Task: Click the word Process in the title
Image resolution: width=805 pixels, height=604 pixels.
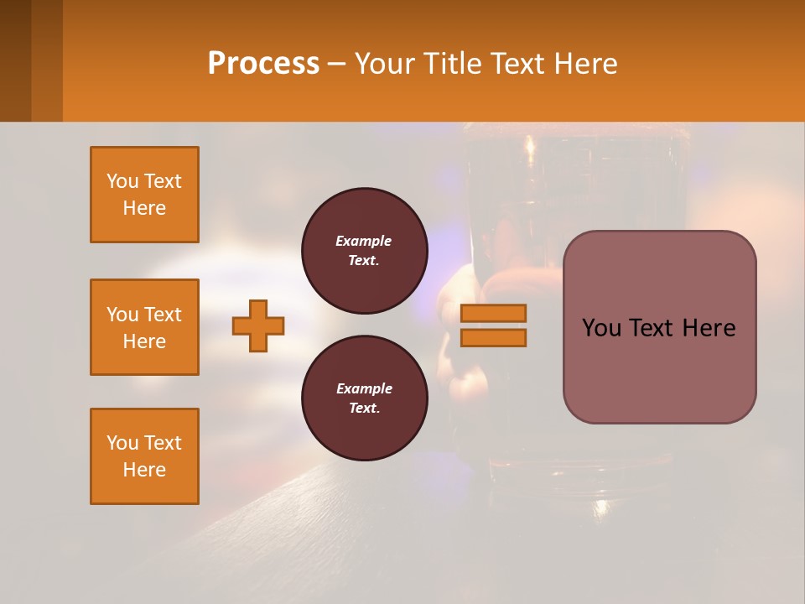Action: coord(263,64)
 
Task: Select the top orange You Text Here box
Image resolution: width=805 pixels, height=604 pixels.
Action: coord(144,195)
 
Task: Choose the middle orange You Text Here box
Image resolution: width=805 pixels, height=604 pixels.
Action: coord(144,327)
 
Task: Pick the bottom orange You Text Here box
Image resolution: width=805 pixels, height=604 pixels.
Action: coord(144,456)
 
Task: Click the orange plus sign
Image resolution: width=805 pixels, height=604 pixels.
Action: coord(258,325)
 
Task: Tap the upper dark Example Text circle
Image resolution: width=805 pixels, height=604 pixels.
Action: coord(364,251)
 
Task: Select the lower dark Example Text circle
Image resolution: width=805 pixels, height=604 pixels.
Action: coord(364,398)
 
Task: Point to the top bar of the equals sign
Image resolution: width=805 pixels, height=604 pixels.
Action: coord(493,314)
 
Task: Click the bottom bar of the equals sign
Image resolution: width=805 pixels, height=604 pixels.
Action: coord(493,337)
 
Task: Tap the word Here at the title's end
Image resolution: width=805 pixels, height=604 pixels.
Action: coord(585,64)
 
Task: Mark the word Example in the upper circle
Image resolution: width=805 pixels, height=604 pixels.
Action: coord(364,241)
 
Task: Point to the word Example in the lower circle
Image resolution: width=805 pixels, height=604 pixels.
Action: coord(364,388)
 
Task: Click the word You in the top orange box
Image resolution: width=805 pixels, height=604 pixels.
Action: coord(122,181)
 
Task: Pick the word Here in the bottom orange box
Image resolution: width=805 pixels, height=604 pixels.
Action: coord(144,470)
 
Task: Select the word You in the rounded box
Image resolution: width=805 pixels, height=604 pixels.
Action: coord(601,328)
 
